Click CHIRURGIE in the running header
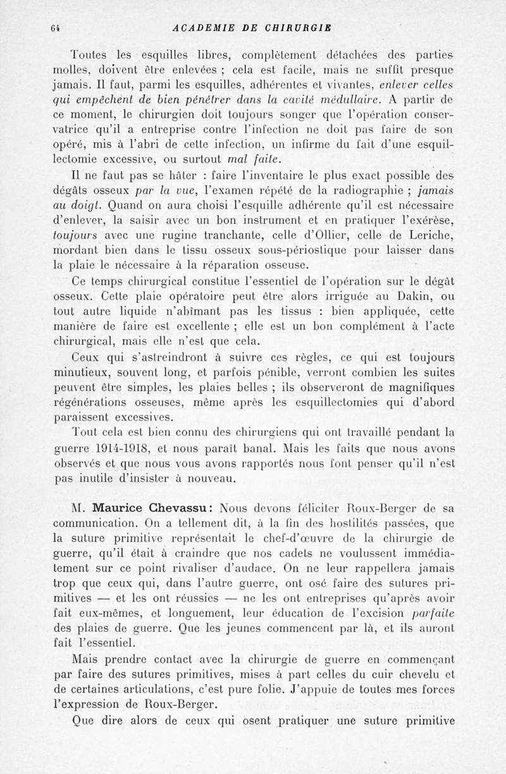tap(295, 28)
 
